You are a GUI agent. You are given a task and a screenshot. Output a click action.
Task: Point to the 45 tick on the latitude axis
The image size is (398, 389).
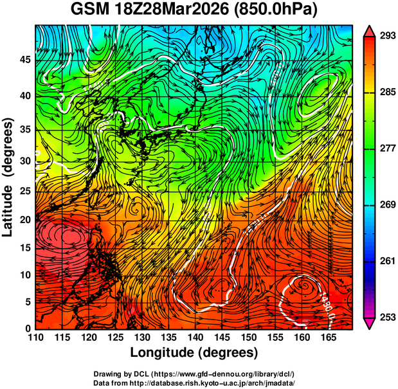pyautogui.click(x=25, y=60)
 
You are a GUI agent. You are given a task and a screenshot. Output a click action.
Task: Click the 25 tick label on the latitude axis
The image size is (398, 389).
pyautogui.click(x=25, y=192)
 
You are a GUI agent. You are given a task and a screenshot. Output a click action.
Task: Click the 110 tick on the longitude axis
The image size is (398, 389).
pyautogui.click(x=35, y=338)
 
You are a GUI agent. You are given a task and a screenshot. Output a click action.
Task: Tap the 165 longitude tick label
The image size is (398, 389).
pyautogui.click(x=327, y=338)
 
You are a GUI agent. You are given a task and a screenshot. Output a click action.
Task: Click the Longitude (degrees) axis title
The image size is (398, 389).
pyautogui.click(x=194, y=352)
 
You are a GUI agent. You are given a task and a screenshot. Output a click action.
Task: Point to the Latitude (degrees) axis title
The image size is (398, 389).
pyautogui.click(x=9, y=177)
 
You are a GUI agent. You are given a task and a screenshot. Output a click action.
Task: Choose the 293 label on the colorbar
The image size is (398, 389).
pyautogui.click(x=385, y=36)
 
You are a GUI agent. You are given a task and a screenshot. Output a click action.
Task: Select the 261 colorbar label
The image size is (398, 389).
pyautogui.click(x=385, y=261)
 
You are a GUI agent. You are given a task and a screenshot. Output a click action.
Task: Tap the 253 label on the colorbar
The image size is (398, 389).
pyautogui.click(x=385, y=317)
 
